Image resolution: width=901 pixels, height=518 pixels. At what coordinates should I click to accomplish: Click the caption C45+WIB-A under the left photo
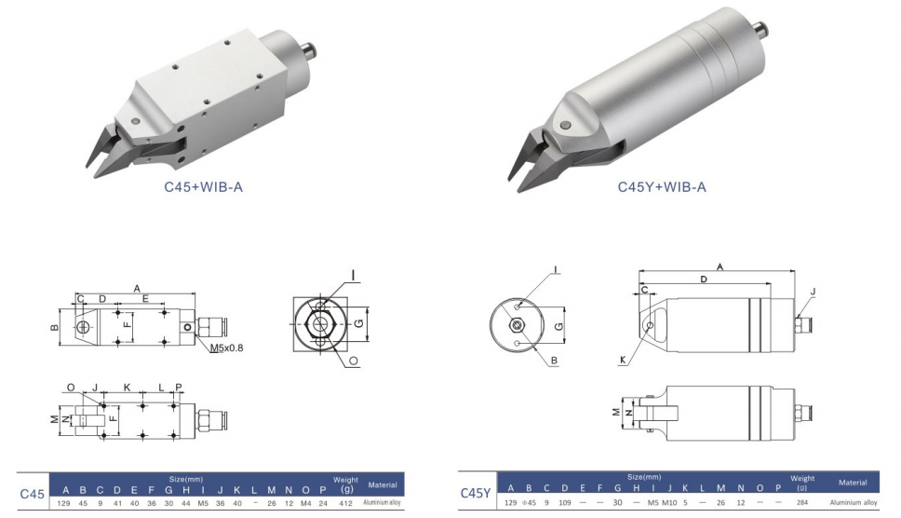204,186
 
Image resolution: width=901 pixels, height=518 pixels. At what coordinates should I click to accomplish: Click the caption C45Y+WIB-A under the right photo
662,186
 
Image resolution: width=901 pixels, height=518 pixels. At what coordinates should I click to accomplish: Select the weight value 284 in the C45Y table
802,503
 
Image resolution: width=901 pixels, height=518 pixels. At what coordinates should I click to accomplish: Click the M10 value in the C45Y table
669,503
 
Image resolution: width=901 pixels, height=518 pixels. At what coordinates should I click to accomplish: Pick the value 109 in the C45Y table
564,503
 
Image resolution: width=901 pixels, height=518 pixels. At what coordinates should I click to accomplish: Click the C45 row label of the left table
33,493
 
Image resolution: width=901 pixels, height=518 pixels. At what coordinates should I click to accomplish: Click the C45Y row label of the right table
477,493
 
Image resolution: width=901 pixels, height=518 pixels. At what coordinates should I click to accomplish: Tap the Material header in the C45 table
383,484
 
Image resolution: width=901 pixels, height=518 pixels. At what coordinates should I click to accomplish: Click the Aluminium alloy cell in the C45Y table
853,503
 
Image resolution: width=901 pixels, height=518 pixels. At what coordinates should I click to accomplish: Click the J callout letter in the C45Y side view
812,292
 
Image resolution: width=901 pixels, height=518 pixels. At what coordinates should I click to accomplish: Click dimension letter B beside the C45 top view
53,328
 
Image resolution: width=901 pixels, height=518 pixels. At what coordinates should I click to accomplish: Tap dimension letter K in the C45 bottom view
128,387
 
